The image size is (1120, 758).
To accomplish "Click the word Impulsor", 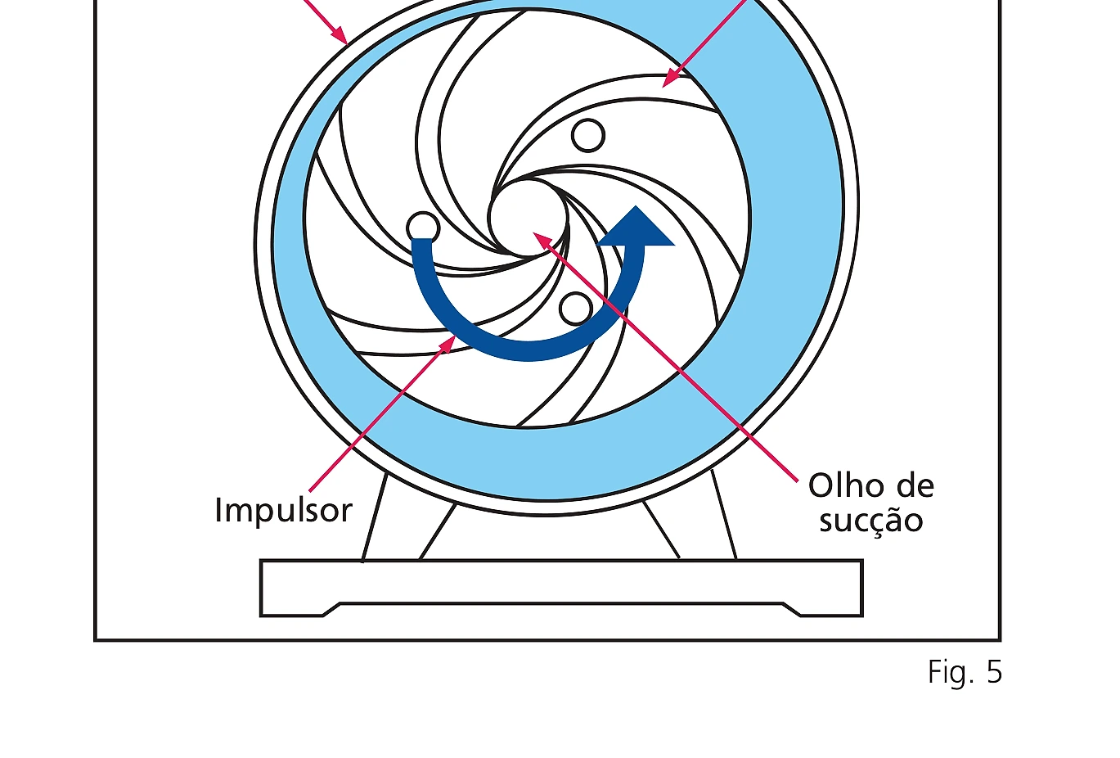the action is click(284, 510).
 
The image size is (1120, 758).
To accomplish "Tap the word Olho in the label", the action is click(843, 485).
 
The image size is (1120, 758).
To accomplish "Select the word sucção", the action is click(871, 521).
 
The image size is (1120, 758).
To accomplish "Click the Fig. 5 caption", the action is click(965, 671).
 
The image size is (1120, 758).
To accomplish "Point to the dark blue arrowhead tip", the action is click(636, 206).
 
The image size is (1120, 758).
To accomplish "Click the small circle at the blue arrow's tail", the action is click(423, 227).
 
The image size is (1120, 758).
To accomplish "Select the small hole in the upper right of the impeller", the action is click(588, 135).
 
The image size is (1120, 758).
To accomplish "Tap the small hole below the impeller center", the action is click(576, 309).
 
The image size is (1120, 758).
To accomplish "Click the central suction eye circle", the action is click(528, 219).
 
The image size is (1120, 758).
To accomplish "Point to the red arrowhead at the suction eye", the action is click(540, 239).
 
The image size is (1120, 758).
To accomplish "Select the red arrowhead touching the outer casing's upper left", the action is click(341, 38).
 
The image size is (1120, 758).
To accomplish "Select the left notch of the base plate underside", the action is click(331, 610).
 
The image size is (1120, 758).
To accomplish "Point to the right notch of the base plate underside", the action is click(791, 610).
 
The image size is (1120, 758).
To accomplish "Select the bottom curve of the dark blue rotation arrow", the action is click(528, 350).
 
